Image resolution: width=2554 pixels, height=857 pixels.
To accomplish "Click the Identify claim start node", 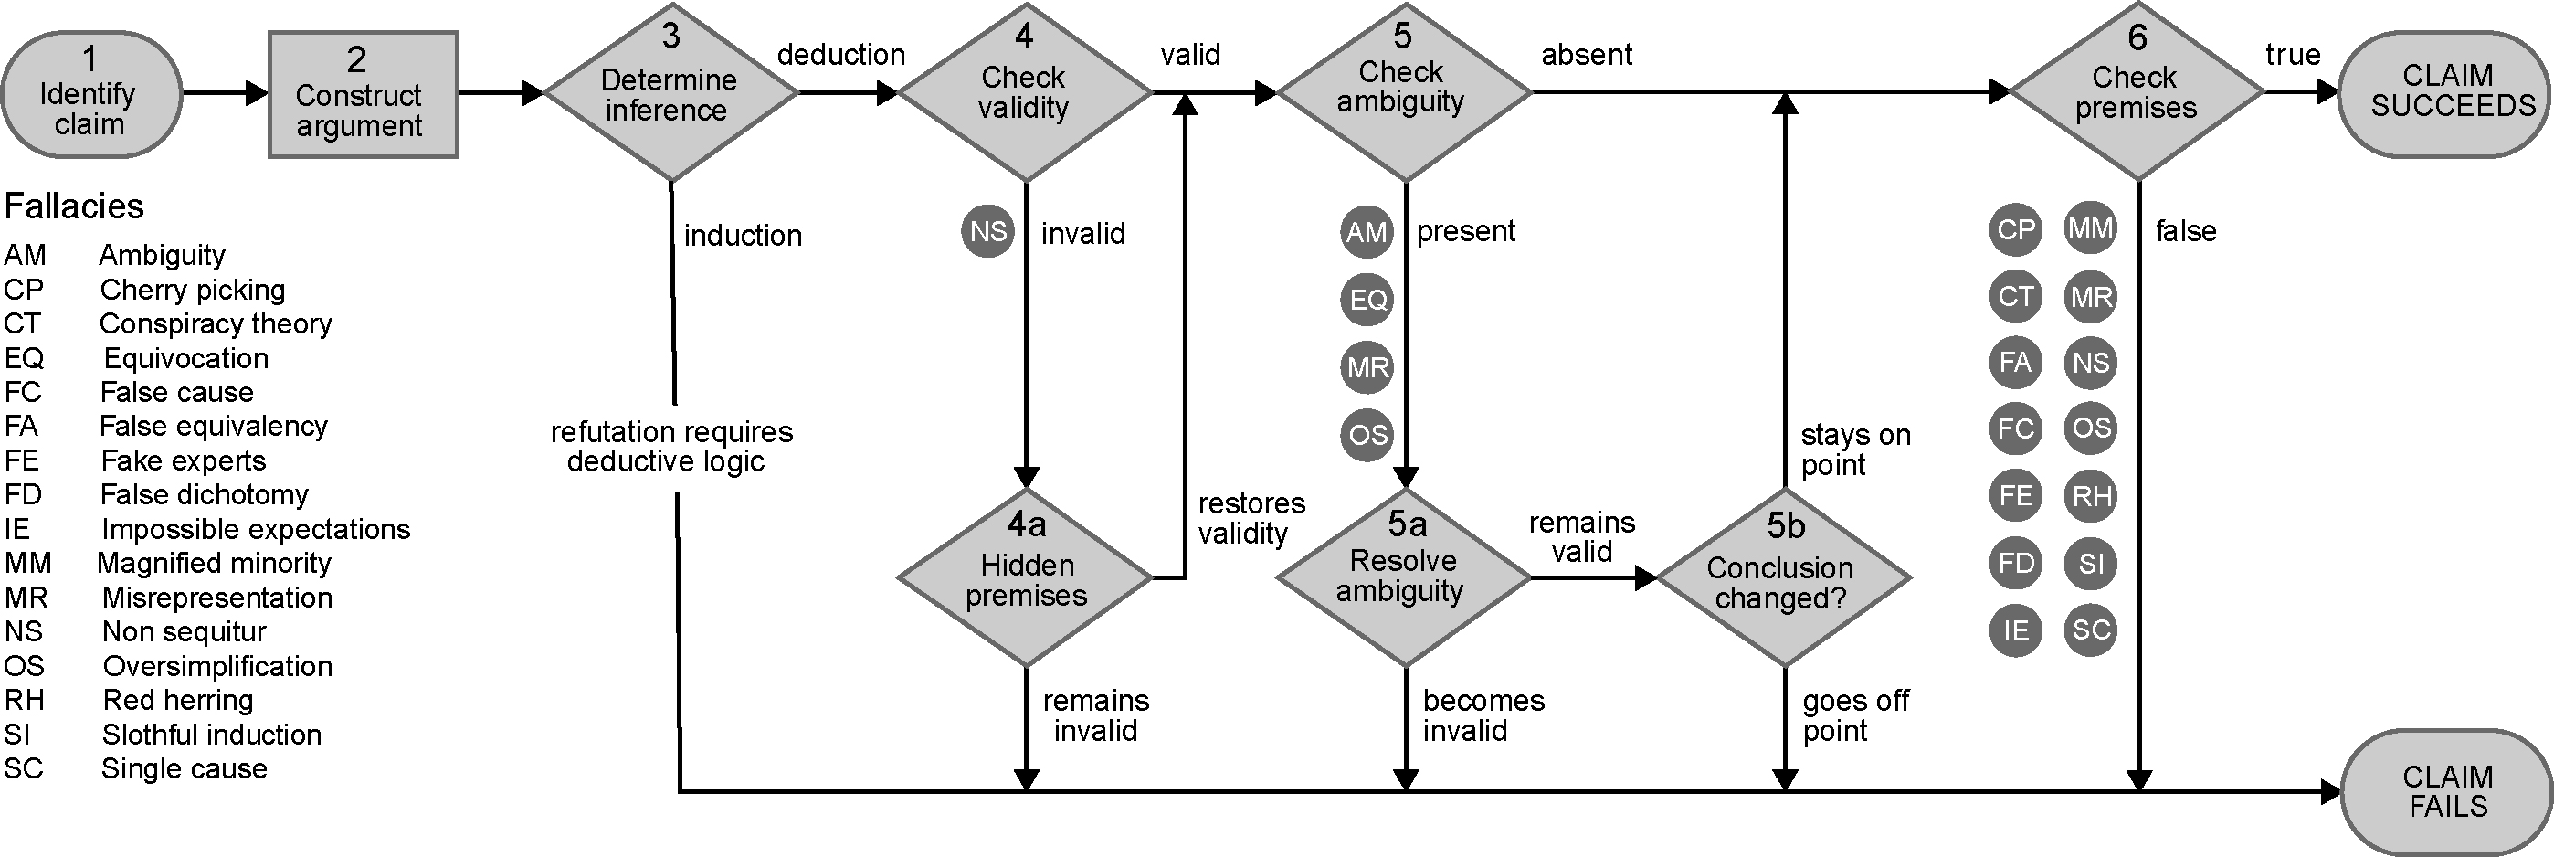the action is [x=92, y=94].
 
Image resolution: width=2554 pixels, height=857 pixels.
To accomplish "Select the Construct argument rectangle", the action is [x=363, y=94].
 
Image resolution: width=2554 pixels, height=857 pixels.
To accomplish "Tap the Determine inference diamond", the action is [x=671, y=93].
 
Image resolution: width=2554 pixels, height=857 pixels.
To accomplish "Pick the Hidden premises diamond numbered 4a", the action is [x=1025, y=577].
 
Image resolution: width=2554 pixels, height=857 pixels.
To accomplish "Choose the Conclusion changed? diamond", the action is [x=1784, y=577].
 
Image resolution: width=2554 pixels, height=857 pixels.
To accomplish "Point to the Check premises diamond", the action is [x=2137, y=92].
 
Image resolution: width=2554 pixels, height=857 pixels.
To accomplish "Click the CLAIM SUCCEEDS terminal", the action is [x=2445, y=93].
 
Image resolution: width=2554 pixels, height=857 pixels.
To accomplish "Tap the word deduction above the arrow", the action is [x=840, y=55].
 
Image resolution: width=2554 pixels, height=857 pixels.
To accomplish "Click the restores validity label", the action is [x=1251, y=518].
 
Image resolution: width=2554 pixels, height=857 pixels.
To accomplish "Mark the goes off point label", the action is [x=1855, y=715].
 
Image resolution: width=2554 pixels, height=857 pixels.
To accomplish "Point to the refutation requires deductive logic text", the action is [x=671, y=447].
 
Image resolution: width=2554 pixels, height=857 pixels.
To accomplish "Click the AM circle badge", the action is [x=1367, y=232].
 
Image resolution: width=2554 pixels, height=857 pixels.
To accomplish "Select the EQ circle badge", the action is [x=1367, y=300].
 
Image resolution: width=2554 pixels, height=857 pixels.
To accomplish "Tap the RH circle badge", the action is [x=2090, y=495].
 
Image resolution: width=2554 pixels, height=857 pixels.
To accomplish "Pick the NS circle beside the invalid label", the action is [x=987, y=232].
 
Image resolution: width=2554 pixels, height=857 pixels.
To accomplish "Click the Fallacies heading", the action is [x=74, y=206].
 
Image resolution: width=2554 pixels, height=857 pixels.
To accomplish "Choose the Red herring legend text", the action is [x=178, y=700].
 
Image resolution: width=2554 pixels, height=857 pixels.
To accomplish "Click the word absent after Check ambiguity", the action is [x=1587, y=55].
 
